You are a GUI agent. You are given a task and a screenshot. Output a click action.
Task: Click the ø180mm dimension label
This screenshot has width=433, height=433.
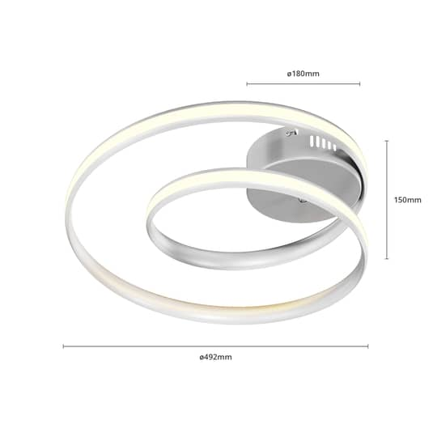tap(304, 74)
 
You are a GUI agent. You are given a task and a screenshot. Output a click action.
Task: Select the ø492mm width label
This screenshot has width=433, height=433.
tap(214, 356)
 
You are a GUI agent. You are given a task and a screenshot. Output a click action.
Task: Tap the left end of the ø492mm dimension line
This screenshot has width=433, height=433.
tap(63, 346)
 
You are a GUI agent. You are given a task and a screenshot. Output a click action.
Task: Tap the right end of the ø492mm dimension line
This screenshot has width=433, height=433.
tap(368, 346)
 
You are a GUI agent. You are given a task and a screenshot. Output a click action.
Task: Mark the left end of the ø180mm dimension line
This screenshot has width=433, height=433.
tap(247, 83)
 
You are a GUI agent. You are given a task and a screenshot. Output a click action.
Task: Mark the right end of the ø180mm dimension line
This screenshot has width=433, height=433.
tap(360, 83)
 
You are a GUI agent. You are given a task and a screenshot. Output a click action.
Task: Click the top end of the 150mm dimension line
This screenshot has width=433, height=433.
tap(386, 140)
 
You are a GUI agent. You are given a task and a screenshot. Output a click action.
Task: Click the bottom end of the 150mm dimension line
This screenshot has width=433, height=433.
tap(386, 259)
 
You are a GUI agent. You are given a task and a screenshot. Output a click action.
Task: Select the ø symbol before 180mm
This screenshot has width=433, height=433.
tap(289, 74)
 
